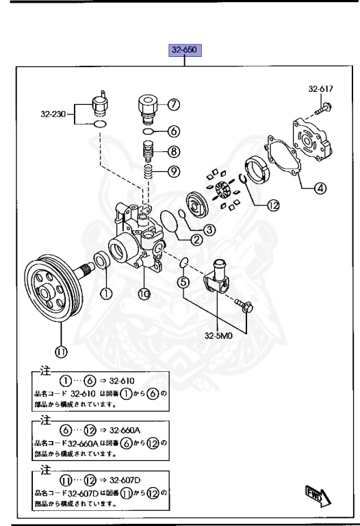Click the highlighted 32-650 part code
pyautogui.click(x=184, y=51)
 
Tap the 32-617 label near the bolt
pyautogui.click(x=322, y=90)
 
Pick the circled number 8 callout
pyautogui.click(x=174, y=152)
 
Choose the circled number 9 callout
pyautogui.click(x=174, y=171)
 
